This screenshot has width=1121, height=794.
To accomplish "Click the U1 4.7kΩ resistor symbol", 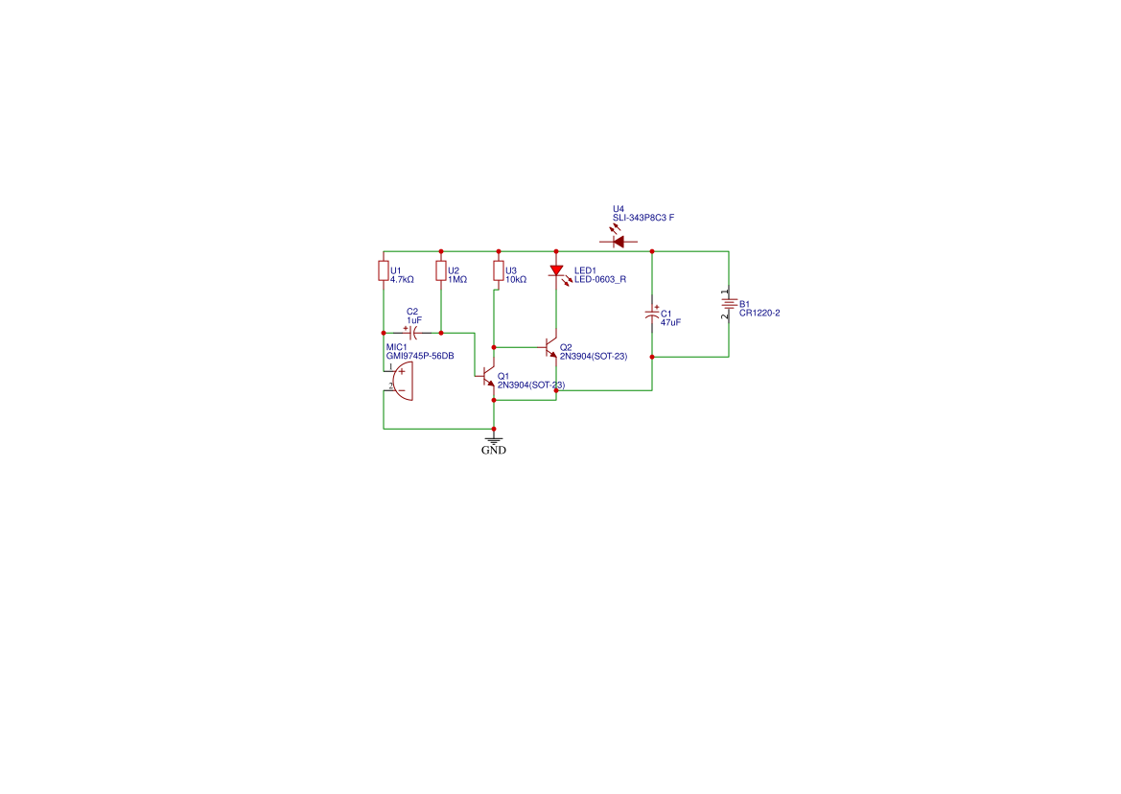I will [383, 271].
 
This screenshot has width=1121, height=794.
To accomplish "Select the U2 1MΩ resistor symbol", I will [441, 271].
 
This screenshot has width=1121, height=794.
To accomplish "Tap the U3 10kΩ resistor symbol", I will [498, 271].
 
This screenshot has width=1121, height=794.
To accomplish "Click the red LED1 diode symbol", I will [556, 271].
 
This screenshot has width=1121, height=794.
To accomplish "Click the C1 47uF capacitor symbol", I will [652, 315].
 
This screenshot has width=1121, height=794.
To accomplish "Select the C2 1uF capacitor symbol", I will [412, 333].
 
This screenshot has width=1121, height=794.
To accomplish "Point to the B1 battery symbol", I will [728, 305].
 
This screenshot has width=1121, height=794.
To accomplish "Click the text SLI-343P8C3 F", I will [642, 219].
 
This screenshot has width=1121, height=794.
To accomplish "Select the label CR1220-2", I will [759, 313].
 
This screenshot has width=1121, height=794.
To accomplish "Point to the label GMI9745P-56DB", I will [419, 356].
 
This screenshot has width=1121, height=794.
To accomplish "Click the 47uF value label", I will [670, 323].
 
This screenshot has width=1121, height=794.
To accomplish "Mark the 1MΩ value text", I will [457, 280].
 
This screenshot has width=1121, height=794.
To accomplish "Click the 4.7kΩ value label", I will [402, 280].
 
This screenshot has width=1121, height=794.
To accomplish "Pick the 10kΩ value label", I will [516, 280].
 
